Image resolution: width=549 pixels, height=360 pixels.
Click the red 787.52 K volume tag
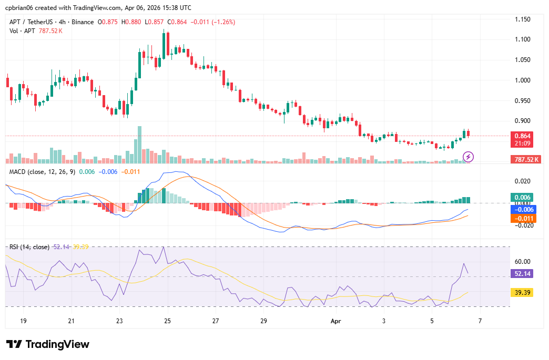526,159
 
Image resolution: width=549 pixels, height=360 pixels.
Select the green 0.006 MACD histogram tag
522,198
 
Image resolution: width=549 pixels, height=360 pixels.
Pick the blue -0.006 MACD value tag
523,209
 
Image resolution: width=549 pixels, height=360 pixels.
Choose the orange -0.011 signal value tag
523,219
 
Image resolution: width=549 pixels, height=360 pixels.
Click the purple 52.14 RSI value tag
522,273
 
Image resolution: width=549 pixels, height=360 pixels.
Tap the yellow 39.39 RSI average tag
522,292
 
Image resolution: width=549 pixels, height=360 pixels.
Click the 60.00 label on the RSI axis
522,261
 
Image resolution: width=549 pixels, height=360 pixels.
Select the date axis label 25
167,321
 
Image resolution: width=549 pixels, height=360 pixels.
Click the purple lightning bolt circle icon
469,156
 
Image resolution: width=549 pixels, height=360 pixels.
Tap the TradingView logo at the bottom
48,344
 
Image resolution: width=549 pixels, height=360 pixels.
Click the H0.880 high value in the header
131,22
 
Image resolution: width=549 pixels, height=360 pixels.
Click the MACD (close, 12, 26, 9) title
42,172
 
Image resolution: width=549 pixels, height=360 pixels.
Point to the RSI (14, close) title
29,247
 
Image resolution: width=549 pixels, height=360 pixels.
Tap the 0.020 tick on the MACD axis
522,181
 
